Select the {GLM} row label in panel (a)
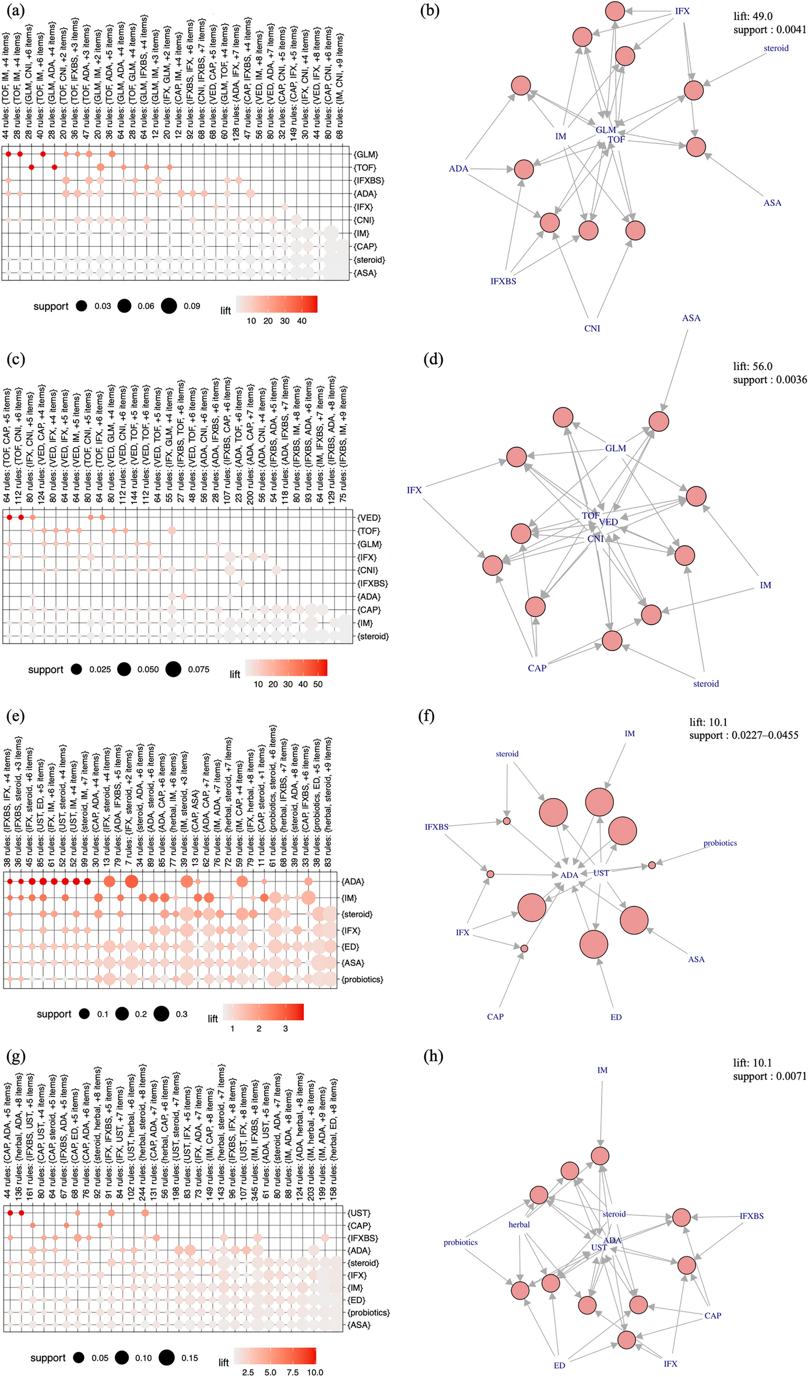point(366,154)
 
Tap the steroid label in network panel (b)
point(776,48)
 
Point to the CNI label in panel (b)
point(592,328)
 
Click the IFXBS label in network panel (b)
point(503,281)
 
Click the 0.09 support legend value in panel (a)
point(192,306)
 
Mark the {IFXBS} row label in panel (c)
point(371,584)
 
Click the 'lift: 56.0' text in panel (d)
point(753,366)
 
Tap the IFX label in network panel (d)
point(414,490)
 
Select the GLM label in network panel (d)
point(615,448)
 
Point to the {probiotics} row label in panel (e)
point(362,979)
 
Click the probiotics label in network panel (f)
point(720,843)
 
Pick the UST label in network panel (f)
point(601,873)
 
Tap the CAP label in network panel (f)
point(495,1017)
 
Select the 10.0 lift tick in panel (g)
point(315,1372)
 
